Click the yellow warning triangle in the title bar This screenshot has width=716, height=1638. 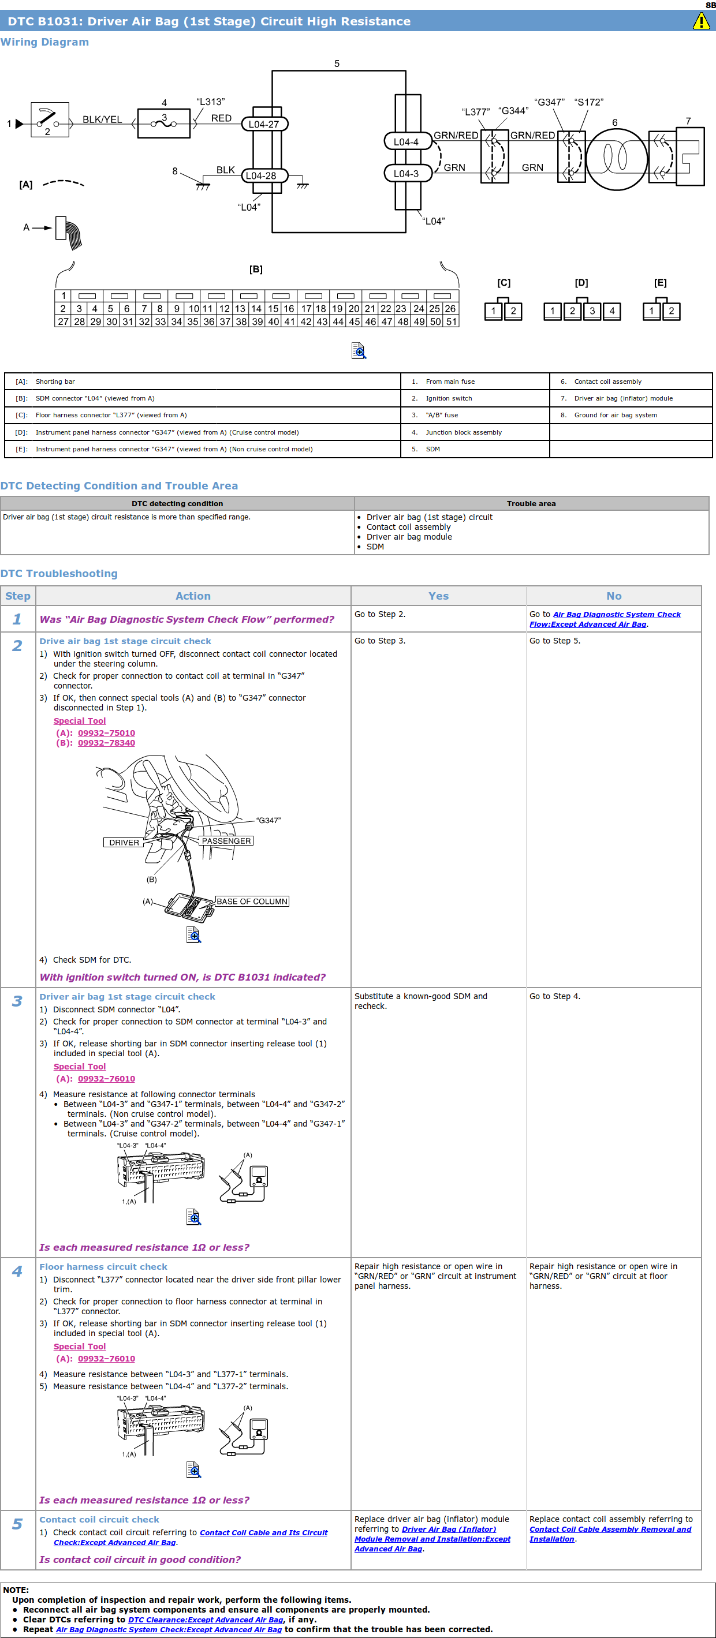(701, 21)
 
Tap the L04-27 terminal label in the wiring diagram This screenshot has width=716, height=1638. (264, 124)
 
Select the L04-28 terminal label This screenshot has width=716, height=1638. (262, 175)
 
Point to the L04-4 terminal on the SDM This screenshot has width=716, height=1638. (406, 141)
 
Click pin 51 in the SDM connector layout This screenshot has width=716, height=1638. (452, 321)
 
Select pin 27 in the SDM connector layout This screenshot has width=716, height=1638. (63, 321)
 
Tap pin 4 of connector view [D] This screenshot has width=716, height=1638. (611, 311)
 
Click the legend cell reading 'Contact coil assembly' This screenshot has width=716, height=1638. (607, 382)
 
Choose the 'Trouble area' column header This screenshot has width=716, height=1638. (531, 503)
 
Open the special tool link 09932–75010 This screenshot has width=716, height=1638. (106, 732)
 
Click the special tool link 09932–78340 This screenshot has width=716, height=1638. (106, 743)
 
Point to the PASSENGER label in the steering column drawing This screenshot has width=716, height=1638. (226, 840)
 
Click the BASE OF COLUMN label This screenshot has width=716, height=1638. (252, 901)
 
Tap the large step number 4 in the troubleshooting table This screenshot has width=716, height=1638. (17, 1271)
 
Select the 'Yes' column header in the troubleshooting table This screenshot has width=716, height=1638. (438, 596)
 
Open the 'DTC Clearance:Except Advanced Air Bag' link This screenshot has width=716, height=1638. (206, 1620)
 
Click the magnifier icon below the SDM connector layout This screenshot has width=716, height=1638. (359, 350)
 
